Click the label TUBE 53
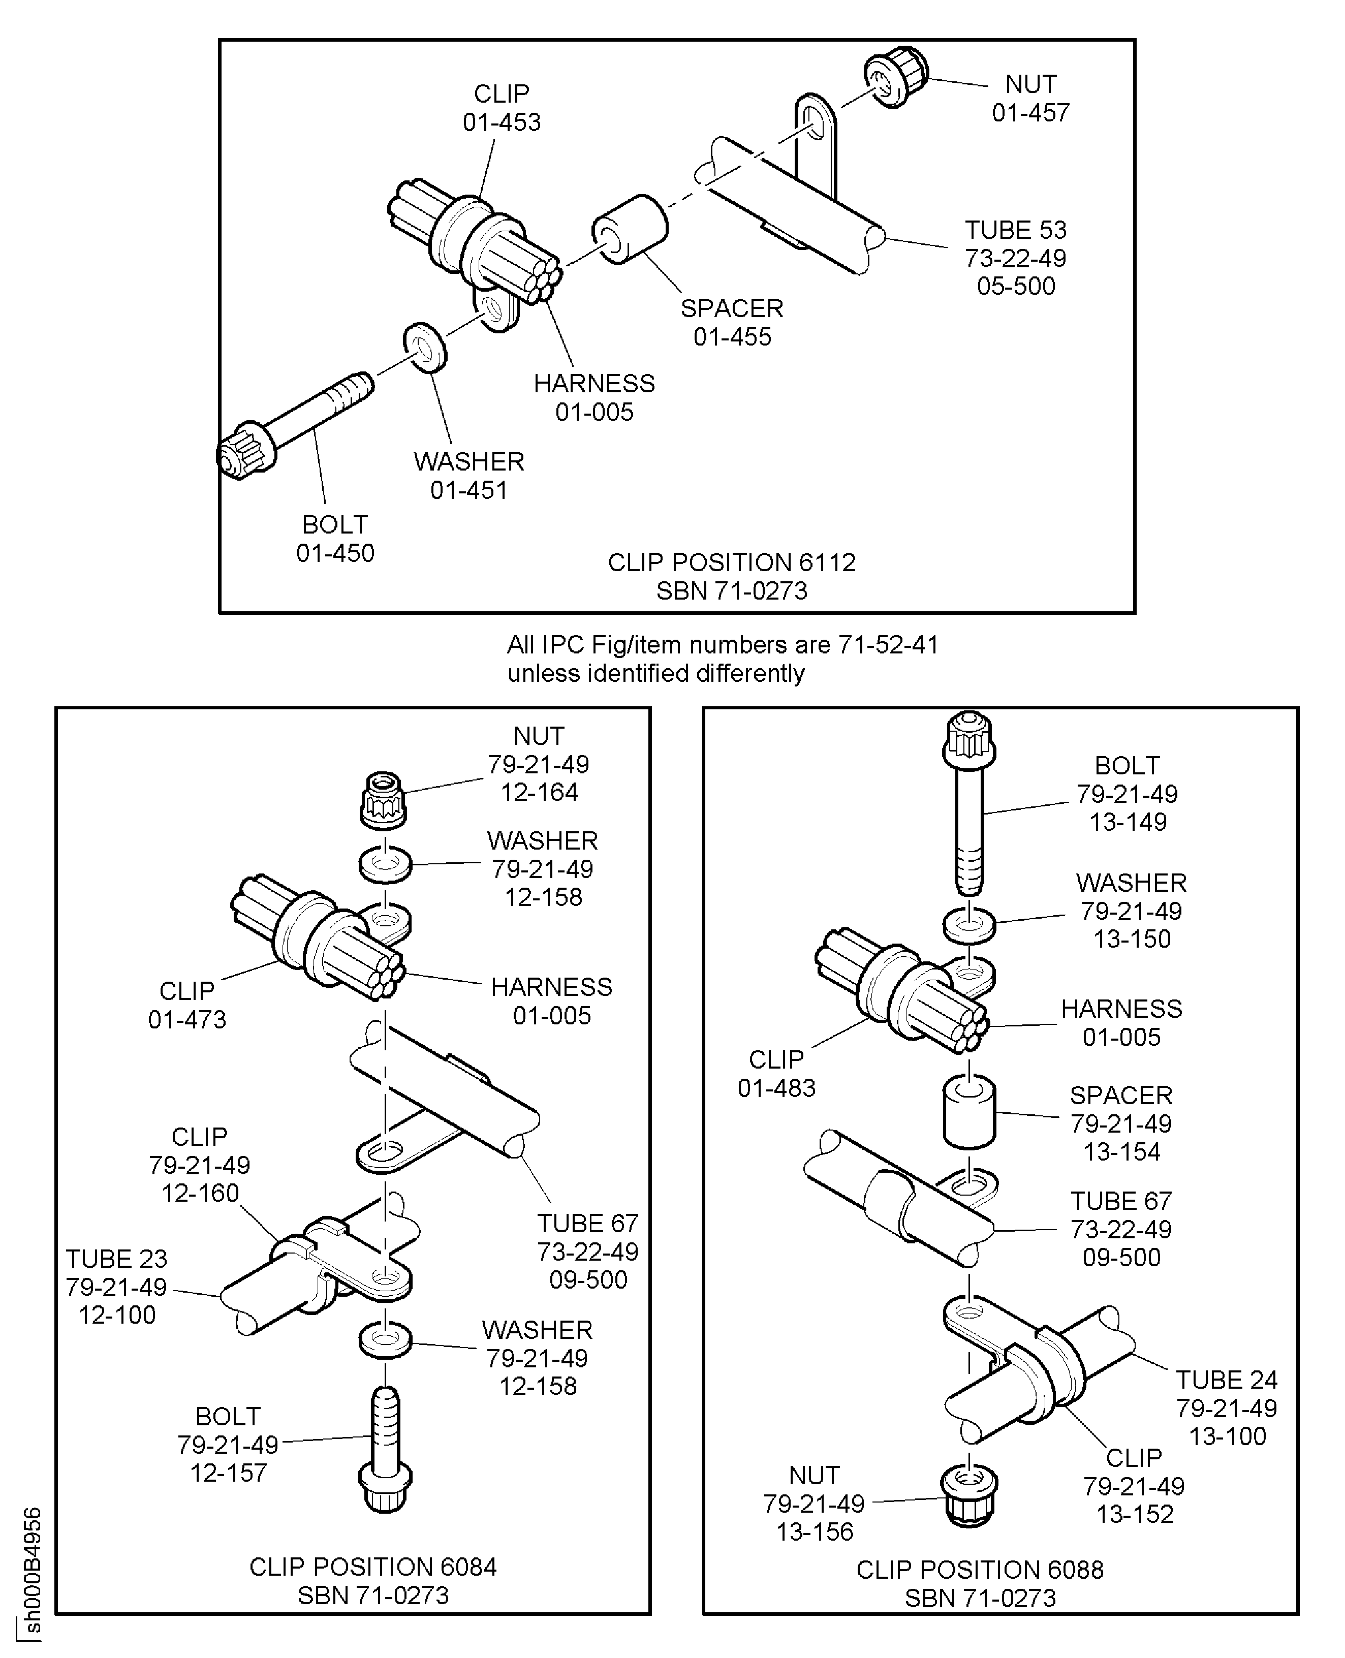click(1015, 230)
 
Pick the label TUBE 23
click(116, 1258)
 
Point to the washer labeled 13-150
click(968, 924)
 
